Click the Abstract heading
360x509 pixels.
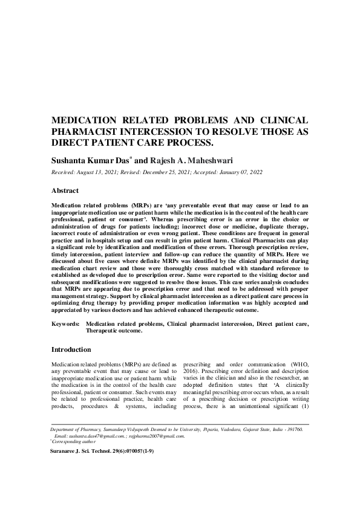(x=65, y=190)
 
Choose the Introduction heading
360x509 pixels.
(x=71, y=349)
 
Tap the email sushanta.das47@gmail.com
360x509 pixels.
(x=89, y=435)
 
